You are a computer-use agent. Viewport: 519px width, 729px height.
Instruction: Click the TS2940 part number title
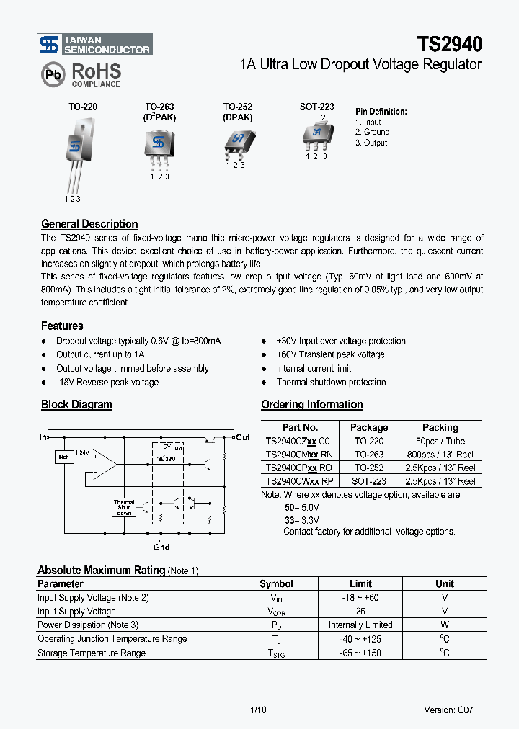tap(448, 45)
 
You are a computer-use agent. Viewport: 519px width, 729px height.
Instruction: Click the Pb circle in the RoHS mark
tap(53, 74)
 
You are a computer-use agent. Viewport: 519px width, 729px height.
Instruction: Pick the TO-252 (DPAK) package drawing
tap(237, 141)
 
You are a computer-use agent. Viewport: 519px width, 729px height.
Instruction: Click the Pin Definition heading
tap(381, 112)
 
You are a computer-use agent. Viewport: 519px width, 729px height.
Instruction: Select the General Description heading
tap(89, 224)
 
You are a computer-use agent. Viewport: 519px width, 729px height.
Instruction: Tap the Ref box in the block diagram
tap(63, 456)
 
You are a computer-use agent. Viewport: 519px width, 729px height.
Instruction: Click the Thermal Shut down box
tap(124, 507)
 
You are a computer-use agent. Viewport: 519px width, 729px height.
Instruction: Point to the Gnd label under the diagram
tap(162, 547)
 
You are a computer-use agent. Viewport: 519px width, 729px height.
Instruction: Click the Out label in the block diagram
tap(243, 437)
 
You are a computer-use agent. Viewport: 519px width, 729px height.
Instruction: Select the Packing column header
tap(440, 427)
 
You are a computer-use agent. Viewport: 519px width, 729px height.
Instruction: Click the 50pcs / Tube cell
tap(440, 441)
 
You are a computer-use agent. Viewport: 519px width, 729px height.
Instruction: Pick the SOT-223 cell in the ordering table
tap(368, 481)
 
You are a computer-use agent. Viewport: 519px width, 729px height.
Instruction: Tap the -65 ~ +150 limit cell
tap(360, 653)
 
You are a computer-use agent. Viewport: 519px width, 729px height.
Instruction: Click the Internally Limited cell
tap(360, 625)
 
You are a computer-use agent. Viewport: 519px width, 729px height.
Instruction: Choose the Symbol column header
tap(276, 583)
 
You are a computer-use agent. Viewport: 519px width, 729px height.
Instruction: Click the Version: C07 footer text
tap(448, 710)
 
